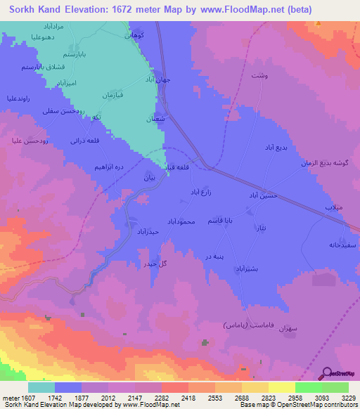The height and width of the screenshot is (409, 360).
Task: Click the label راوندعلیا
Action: pyautogui.click(x=20, y=99)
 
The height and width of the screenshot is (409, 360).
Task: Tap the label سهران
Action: pyautogui.click(x=289, y=329)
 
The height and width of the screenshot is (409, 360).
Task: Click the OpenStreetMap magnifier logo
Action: pyautogui.click(x=328, y=374)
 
